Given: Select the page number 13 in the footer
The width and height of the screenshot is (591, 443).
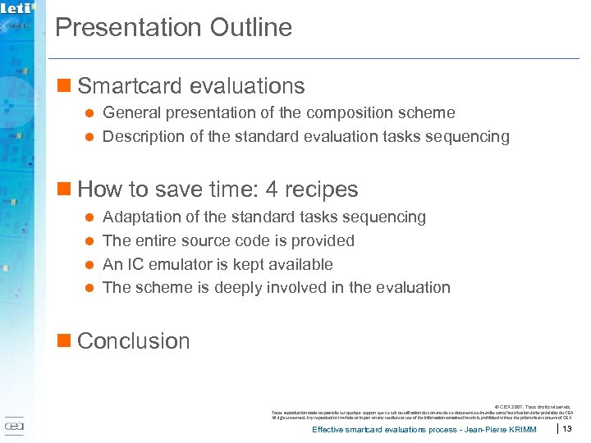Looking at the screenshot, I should pos(566,429).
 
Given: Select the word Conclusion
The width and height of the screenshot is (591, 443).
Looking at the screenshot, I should pos(133,341).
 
